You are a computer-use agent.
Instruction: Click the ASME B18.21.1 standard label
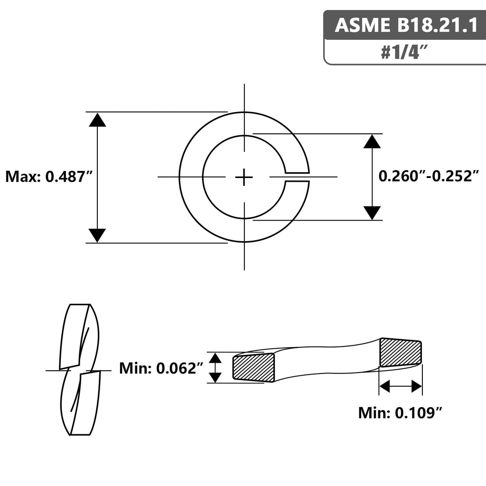pyautogui.click(x=406, y=25)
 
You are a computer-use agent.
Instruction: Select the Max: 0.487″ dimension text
pyautogui.click(x=49, y=177)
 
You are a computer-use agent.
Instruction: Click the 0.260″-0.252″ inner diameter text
pyautogui.click(x=429, y=176)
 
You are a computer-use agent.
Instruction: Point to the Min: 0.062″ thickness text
pyautogui.click(x=161, y=368)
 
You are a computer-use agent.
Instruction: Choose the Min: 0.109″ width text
pyautogui.click(x=400, y=412)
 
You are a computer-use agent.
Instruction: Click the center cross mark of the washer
pyautogui.click(x=244, y=178)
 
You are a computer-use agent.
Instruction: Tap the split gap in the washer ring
pyautogui.click(x=297, y=177)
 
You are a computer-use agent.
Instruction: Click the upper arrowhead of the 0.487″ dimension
pyautogui.click(x=97, y=120)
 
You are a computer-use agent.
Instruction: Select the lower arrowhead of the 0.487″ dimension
pyautogui.click(x=97, y=235)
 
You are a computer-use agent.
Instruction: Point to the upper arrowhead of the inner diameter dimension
pyautogui.click(x=372, y=141)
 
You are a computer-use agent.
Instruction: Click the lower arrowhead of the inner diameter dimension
pyautogui.click(x=372, y=213)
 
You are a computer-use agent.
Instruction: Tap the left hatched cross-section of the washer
pyautogui.click(x=253, y=368)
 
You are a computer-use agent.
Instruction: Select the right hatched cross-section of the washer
pyautogui.click(x=401, y=353)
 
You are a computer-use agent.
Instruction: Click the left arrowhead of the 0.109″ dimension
pyautogui.click(x=384, y=386)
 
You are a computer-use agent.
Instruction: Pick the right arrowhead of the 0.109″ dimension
pyautogui.click(x=417, y=386)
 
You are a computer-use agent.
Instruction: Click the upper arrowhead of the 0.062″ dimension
pyautogui.click(x=215, y=358)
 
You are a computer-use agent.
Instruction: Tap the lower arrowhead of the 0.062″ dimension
pyautogui.click(x=215, y=377)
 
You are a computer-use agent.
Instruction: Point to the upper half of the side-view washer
pyautogui.click(x=79, y=336)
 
